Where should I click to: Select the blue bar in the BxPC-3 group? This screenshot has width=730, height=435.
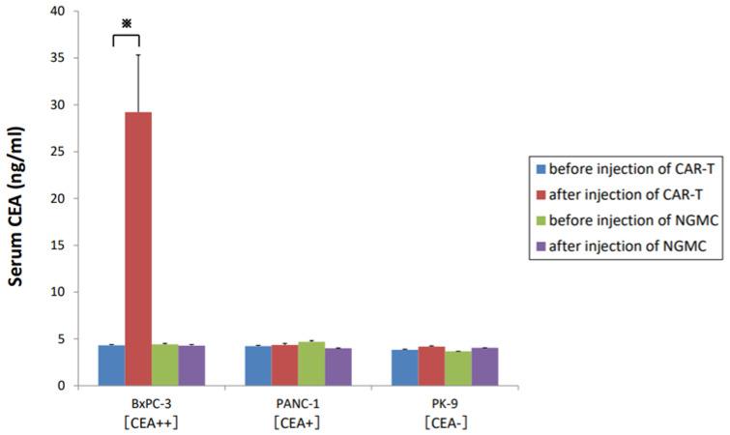[111, 365]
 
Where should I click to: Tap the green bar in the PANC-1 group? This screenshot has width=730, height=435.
[311, 363]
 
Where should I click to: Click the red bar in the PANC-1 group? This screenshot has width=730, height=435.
[285, 364]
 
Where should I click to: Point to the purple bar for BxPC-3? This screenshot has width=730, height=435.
[191, 365]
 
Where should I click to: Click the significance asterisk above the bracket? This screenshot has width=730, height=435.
[126, 21]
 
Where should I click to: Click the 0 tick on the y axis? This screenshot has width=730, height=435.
[63, 386]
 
